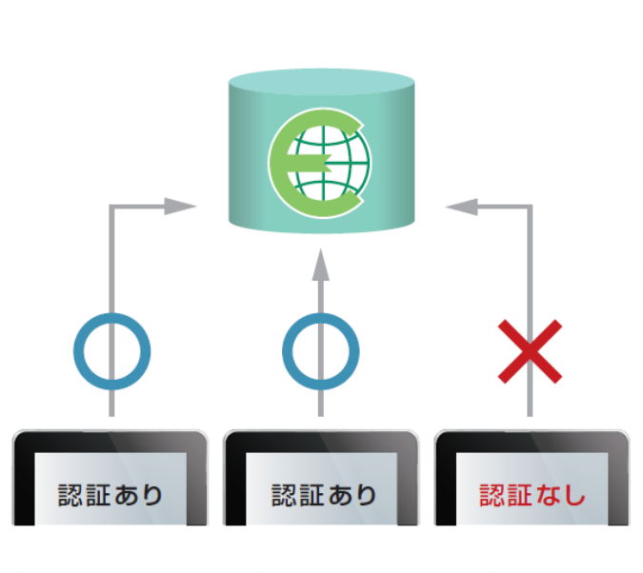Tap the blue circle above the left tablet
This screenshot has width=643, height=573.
click(x=112, y=351)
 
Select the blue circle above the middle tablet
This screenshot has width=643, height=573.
click(x=320, y=351)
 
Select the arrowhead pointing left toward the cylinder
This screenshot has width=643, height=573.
click(x=461, y=206)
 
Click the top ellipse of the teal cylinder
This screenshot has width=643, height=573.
click(x=321, y=83)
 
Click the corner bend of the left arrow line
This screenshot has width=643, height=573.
click(x=112, y=207)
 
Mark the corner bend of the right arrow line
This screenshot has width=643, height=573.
click(x=530, y=207)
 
